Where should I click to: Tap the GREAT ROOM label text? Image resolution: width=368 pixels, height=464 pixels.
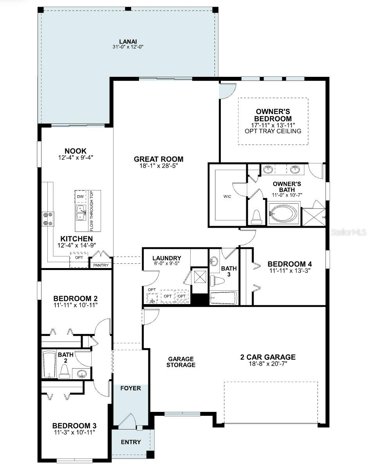pos(159,159)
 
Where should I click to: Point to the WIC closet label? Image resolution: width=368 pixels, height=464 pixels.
pos(227,196)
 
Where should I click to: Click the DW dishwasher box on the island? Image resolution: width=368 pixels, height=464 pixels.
pos(80,196)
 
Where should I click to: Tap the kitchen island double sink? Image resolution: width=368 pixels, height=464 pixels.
pos(81,213)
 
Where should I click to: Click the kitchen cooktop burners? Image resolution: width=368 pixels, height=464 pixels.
pos(48,219)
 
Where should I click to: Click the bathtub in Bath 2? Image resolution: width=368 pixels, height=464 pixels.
pos(49,364)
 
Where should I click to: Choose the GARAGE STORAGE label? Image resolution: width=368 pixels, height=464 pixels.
pos(181,362)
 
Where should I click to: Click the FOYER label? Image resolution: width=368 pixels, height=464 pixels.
pos(130,388)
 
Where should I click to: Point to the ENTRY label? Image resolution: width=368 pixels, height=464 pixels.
pos(131,442)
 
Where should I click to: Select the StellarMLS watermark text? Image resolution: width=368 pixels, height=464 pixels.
pos(348,232)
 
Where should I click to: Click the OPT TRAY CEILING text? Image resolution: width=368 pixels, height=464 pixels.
pos(273,131)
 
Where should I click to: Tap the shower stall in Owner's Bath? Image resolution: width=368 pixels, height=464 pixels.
pos(314,214)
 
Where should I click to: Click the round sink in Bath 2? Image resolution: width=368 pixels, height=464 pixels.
pos(82,374)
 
